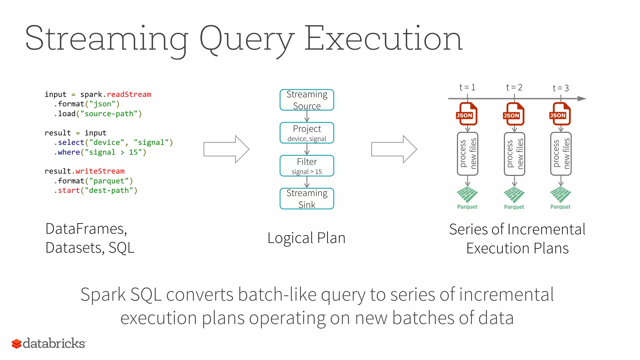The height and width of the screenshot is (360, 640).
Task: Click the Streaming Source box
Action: [307, 100]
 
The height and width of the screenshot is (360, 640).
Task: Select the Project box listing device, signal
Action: [307, 133]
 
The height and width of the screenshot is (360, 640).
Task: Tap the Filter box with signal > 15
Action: [307, 166]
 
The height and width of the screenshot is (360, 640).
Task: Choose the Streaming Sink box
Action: [307, 199]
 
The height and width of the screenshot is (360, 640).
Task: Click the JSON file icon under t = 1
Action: [467, 114]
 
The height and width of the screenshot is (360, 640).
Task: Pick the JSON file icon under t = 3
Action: [560, 114]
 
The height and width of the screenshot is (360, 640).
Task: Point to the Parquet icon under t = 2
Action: [514, 196]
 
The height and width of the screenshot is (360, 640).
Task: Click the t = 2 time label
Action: [514, 87]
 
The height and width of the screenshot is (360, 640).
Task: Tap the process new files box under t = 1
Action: [467, 154]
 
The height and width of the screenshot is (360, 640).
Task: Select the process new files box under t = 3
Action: [561, 154]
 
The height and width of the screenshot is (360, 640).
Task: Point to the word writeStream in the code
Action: [100, 171]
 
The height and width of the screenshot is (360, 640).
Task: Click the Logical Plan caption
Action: [306, 238]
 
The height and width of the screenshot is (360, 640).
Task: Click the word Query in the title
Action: [247, 39]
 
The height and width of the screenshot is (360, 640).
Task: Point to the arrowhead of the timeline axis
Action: [582, 99]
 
